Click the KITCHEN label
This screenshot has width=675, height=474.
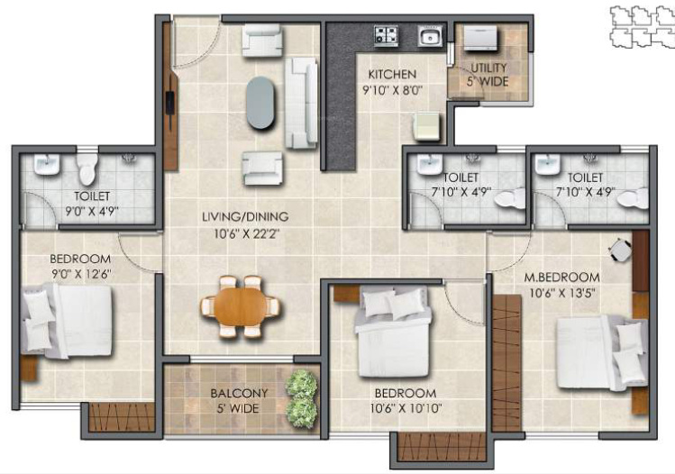point(391,74)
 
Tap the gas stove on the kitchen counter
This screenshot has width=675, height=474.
point(387,37)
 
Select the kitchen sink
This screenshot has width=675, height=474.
point(427,38)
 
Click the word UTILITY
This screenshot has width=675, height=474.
point(488,68)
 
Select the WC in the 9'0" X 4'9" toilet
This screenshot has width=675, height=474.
point(87,169)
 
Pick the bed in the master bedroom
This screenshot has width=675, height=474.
point(597,351)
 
